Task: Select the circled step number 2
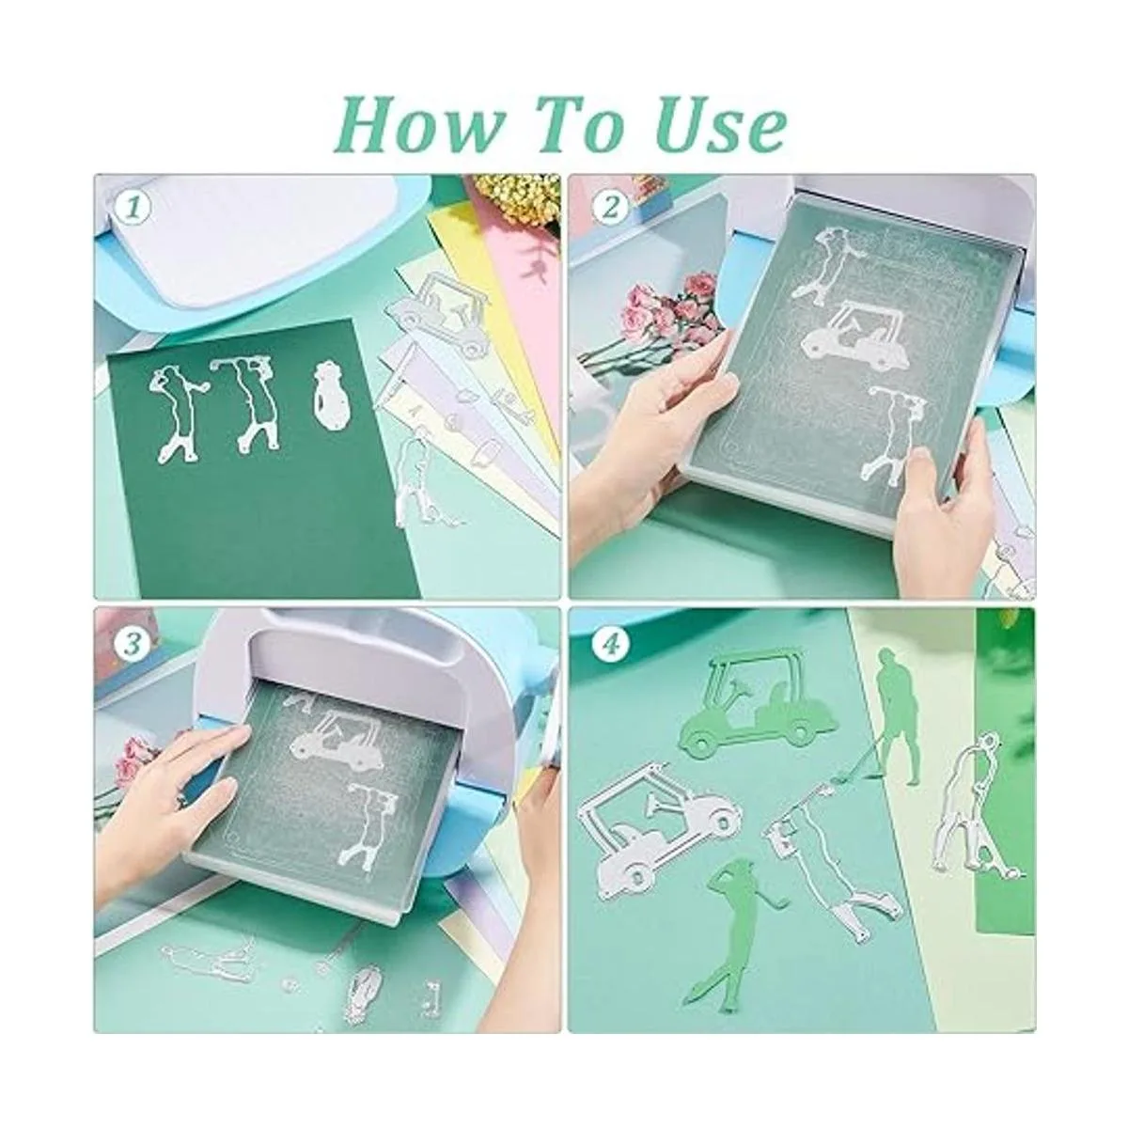click(611, 209)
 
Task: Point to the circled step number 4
click(611, 645)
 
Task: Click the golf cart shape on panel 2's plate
click(850, 336)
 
